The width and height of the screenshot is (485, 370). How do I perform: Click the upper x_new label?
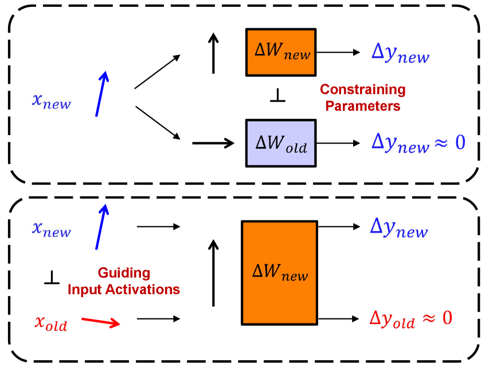52,101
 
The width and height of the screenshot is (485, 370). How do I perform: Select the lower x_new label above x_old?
52,229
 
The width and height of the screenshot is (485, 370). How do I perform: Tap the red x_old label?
50,323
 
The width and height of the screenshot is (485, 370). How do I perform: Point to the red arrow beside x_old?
100,321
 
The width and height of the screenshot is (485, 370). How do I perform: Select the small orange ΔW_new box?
280,52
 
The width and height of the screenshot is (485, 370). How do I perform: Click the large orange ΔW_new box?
279,272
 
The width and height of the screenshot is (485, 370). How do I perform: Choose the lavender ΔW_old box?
280,143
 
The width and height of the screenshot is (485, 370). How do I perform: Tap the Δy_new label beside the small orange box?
400,53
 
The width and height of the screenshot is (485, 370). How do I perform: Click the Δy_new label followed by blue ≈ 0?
400,143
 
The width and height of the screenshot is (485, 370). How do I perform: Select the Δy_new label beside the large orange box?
398,228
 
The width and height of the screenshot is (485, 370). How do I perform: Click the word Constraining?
362,89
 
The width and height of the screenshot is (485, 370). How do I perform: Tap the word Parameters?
362,106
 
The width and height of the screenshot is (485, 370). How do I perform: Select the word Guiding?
124,272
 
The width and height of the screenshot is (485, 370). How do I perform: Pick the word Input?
85,290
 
